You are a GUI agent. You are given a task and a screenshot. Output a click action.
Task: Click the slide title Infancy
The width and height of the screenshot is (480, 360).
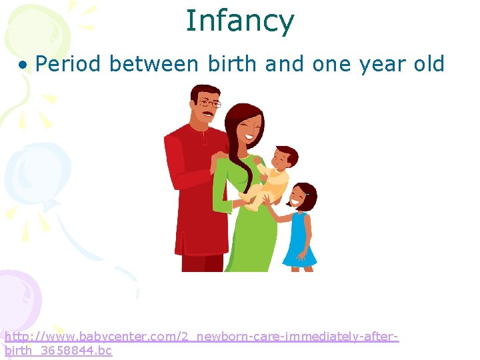[239, 21]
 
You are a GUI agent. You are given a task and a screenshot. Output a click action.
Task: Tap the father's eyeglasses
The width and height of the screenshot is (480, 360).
[208, 103]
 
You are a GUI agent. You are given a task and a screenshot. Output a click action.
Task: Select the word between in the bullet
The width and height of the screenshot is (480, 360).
[154, 64]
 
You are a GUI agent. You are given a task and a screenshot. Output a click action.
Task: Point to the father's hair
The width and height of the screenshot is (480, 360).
[200, 91]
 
